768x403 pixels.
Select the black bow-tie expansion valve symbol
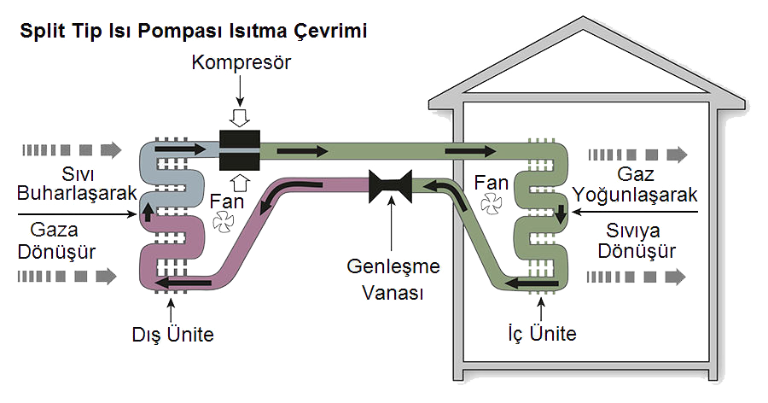[391, 186]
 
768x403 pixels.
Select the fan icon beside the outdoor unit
[223, 222]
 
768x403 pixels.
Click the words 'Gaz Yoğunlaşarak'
[640, 184]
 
